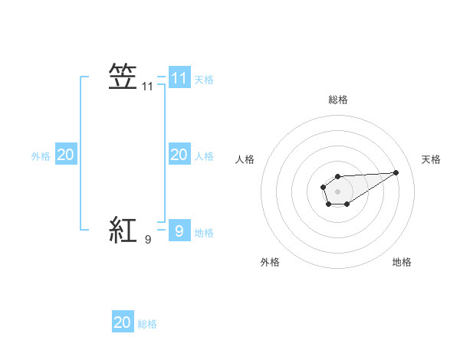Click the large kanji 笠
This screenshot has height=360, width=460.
[123, 77]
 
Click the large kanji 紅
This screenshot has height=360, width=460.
[123, 230]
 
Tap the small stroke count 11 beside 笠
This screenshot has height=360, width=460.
[148, 87]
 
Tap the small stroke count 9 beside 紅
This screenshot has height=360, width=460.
[148, 240]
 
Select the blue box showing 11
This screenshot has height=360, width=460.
[179, 77]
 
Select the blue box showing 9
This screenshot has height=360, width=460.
[179, 230]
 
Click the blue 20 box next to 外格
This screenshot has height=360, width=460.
[65, 155]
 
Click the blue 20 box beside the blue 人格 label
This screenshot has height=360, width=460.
[179, 155]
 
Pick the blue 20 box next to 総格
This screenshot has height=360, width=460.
[123, 322]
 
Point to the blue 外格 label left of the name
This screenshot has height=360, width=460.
[41, 156]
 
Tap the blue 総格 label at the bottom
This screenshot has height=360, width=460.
[147, 324]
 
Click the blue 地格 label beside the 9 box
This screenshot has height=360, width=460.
[204, 233]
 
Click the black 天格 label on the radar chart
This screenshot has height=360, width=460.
[432, 159]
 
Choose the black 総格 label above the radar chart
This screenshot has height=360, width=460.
[337, 100]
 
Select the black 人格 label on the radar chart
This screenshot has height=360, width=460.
[245, 159]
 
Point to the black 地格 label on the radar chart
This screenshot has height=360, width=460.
[402, 262]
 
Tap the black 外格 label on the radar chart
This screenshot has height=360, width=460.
[270, 262]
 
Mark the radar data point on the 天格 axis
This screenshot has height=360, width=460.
[396, 172]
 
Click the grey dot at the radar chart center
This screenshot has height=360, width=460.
[337, 191]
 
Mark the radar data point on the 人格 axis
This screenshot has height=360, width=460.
[321, 186]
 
